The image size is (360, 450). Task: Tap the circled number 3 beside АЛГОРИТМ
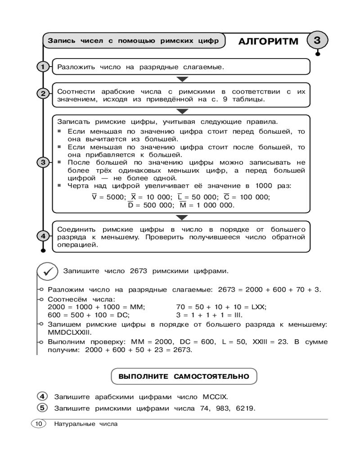tap(316, 40)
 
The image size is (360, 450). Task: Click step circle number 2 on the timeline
tap(43, 94)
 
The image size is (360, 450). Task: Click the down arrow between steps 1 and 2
tap(181, 79)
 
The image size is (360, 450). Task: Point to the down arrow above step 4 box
tap(181, 217)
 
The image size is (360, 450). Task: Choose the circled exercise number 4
tap(42, 396)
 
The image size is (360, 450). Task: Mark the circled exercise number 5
tap(42, 408)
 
